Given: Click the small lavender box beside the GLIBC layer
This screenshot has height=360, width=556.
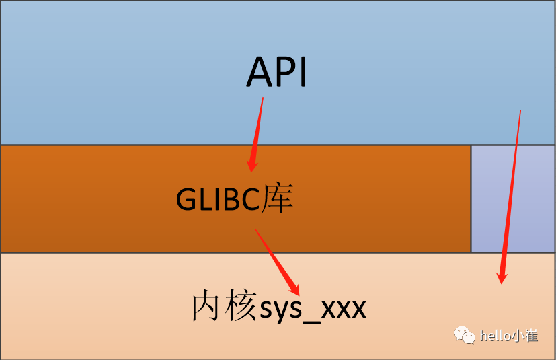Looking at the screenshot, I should click(x=512, y=199).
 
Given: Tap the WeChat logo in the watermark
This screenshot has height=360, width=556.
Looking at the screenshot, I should click(x=465, y=334).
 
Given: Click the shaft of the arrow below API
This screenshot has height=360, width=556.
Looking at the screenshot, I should click(x=257, y=128).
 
